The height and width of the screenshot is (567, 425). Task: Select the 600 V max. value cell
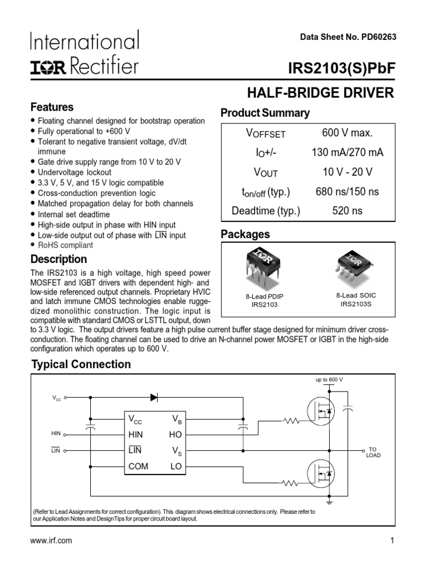tap(348, 133)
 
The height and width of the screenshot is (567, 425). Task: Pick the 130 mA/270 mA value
tap(348, 152)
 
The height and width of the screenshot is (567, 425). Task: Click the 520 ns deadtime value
tap(348, 211)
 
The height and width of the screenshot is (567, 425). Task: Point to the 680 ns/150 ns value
tap(348, 192)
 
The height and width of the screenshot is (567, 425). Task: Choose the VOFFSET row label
tap(266, 133)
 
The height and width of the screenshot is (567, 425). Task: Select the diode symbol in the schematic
tap(154, 397)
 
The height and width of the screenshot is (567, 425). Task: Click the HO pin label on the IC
tap(175, 435)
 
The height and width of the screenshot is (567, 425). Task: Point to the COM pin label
tap(138, 466)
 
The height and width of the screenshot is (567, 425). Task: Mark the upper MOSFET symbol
tap(321, 411)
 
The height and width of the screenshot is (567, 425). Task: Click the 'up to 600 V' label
tap(329, 380)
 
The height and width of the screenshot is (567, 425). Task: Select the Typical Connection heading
tap(81, 364)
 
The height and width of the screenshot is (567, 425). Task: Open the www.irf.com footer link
tap(51, 541)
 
